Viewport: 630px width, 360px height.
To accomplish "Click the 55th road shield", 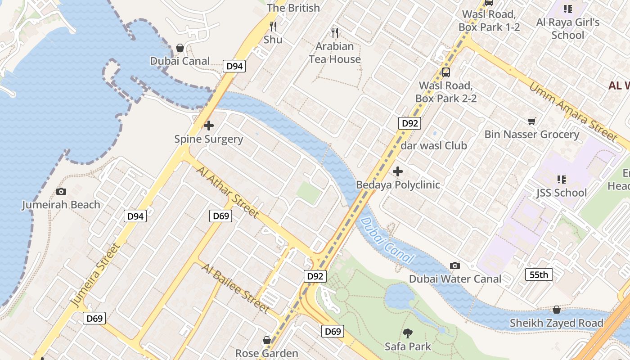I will (539, 274).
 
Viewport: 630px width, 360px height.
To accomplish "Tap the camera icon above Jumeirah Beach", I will (61, 192).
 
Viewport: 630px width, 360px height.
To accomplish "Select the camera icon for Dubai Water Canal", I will (455, 265).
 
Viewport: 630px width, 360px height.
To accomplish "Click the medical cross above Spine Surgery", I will (209, 126).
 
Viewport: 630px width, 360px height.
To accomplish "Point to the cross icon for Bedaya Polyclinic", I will (398, 171).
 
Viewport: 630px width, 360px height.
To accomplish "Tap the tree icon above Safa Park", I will (408, 333).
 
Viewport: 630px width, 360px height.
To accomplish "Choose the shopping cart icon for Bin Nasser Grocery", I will (532, 121).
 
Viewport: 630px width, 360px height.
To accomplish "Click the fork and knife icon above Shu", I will (273, 26).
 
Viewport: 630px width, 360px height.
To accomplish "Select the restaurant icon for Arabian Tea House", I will (334, 32).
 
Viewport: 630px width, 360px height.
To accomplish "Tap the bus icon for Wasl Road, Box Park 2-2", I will (446, 72).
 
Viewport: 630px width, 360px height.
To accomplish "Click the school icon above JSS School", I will (561, 180).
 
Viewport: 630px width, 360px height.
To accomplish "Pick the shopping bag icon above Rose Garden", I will (267, 340).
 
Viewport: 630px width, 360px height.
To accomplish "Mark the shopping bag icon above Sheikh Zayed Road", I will (557, 310).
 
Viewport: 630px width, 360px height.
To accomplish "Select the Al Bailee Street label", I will (235, 288).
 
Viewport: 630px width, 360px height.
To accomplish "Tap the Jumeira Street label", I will (96, 275).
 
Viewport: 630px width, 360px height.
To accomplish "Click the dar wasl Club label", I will (434, 146).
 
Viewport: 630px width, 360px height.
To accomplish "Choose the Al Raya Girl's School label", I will (568, 29).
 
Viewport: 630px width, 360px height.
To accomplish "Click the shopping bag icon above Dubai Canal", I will (180, 48).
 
